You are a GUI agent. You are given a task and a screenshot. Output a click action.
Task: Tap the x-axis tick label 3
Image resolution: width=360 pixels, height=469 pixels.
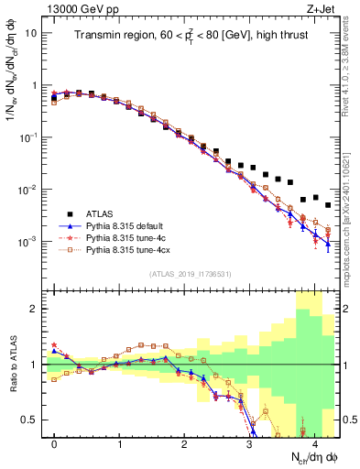click(249, 442)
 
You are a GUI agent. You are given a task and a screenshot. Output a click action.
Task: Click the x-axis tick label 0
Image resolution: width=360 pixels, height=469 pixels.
click(54, 442)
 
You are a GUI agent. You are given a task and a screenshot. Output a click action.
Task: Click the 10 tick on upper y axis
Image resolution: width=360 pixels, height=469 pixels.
click(29, 33)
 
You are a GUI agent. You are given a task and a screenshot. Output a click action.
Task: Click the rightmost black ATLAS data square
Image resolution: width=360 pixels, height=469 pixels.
click(327, 206)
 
